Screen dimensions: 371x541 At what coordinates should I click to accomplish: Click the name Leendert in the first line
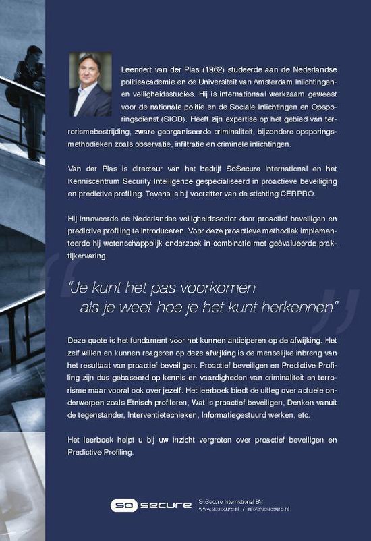tap(142, 70)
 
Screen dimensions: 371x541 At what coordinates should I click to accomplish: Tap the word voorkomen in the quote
tap(217, 289)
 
